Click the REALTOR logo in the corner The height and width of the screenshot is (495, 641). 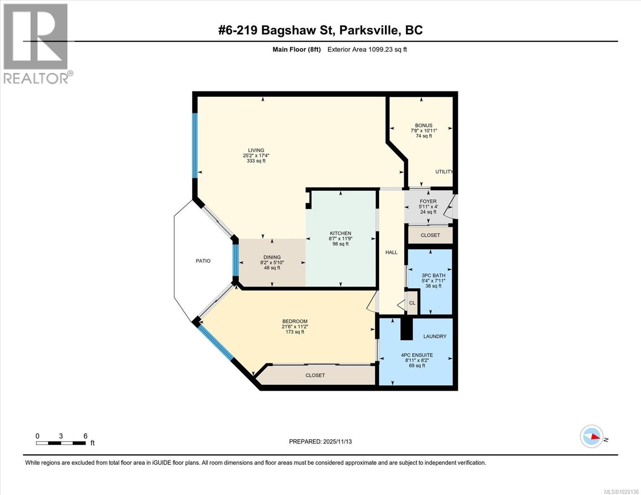(36, 43)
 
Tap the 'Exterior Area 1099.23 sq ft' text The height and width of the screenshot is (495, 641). (367, 49)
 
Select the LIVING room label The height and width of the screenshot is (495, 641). (256, 151)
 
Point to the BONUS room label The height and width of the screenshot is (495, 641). (423, 125)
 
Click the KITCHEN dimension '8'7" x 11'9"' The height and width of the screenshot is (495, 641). (341, 238)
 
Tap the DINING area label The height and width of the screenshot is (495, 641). (272, 257)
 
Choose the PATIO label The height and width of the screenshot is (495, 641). (203, 261)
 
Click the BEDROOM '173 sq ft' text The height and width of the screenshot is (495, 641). (295, 332)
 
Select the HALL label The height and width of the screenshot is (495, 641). (391, 252)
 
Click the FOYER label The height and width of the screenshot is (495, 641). (428, 202)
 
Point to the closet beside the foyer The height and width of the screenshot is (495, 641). (430, 235)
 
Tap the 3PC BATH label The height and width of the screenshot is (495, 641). (433, 276)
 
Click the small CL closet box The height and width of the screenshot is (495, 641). (412, 303)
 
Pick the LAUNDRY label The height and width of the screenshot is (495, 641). (435, 336)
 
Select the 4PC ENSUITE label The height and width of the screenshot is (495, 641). (417, 355)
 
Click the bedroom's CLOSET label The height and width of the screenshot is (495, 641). (315, 375)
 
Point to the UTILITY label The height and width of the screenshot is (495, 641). (444, 172)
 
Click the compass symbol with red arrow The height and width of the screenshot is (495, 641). (591, 436)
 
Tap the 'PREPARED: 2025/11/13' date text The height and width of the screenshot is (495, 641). (320, 441)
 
